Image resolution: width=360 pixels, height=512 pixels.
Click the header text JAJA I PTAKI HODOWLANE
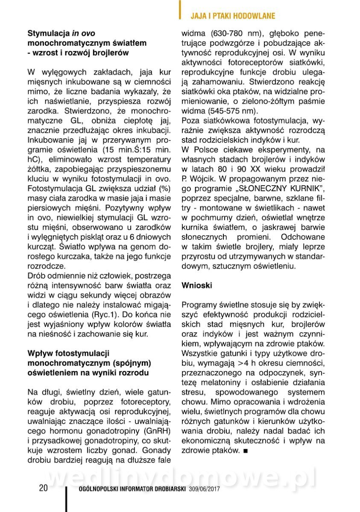pos(232,16)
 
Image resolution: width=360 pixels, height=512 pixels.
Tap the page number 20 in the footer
pos(43,488)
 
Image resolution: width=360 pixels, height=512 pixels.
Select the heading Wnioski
pos(197,285)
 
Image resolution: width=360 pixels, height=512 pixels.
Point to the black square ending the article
pos(245,450)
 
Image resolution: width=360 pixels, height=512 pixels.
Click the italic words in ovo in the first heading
pos(83,33)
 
